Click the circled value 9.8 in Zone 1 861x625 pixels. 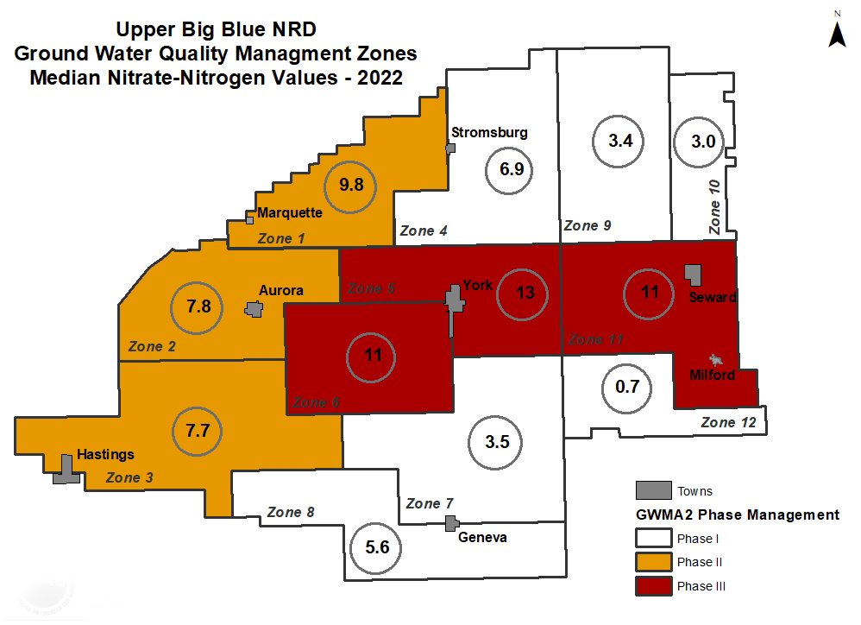(x=350, y=184)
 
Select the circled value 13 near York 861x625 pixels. (x=525, y=293)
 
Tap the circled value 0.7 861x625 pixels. (x=627, y=387)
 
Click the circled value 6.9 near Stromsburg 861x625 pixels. (x=512, y=168)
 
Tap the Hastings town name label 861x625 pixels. (x=105, y=454)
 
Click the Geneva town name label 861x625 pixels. (x=483, y=538)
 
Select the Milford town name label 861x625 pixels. (x=712, y=375)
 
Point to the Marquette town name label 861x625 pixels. (x=290, y=212)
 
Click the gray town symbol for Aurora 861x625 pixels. (x=254, y=309)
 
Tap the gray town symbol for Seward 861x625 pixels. (x=693, y=274)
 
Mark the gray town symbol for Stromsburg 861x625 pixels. (x=449, y=148)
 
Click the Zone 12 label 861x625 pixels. (x=728, y=422)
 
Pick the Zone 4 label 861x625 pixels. (x=423, y=230)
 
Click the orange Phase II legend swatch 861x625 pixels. (x=652, y=562)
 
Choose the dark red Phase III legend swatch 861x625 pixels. (x=652, y=586)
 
